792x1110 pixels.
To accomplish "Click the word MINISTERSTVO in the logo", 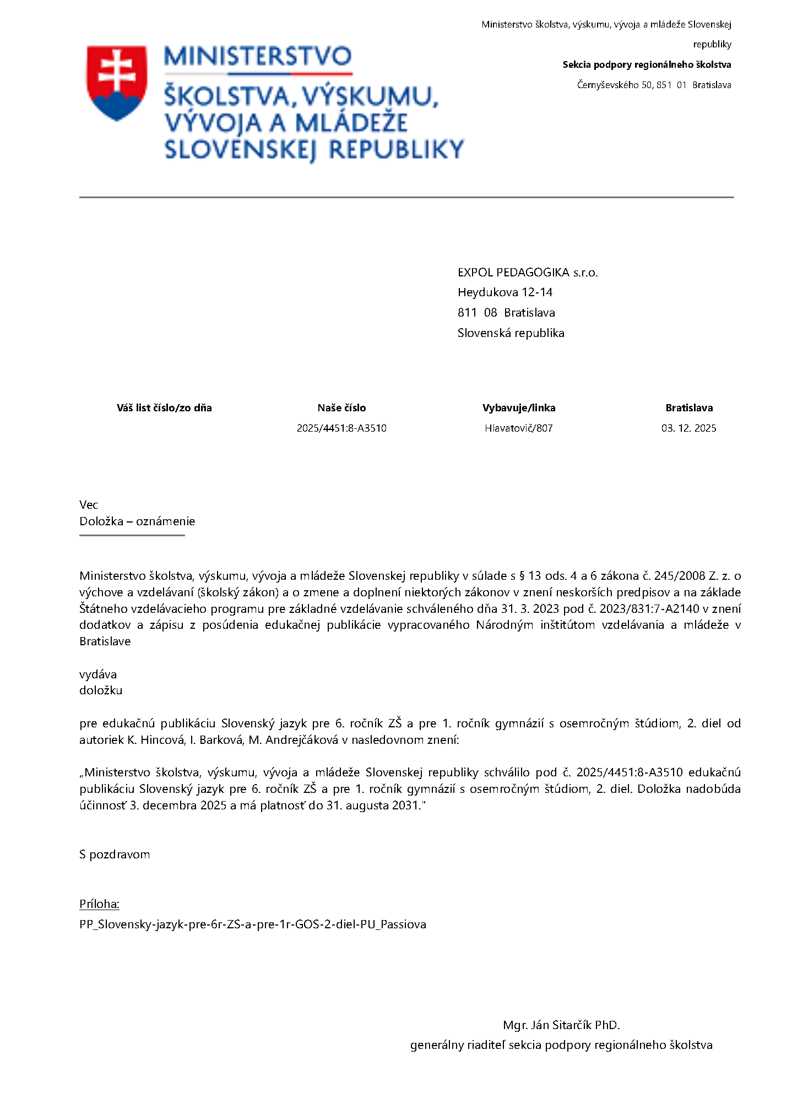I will coord(258,57).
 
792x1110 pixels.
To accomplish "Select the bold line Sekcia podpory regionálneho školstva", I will coord(647,65).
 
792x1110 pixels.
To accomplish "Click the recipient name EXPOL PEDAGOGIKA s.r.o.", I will coord(527,273).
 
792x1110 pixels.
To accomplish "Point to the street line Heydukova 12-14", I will coord(505,292).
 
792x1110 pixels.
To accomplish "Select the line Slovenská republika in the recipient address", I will coord(511,333).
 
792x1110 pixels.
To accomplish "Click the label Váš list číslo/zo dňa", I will coord(164,408).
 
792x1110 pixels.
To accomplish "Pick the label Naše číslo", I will coord(341,408).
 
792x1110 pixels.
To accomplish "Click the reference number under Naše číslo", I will coord(341,428).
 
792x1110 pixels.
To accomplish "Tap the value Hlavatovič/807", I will coord(518,428).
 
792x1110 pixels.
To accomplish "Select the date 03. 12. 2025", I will coord(688,428).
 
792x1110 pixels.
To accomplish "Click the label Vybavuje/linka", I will coord(518,408).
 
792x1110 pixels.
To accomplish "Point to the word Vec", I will coord(89,505).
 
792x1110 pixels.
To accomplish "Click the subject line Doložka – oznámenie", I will coord(137,521).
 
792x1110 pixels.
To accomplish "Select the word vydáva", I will coord(98,674).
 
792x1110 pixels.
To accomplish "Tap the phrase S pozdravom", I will coord(115,855).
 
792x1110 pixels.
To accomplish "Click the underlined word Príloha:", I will coord(99,904).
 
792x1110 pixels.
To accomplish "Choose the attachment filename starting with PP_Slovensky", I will coord(252,924).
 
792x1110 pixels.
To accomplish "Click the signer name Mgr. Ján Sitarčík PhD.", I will coord(561,1025).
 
